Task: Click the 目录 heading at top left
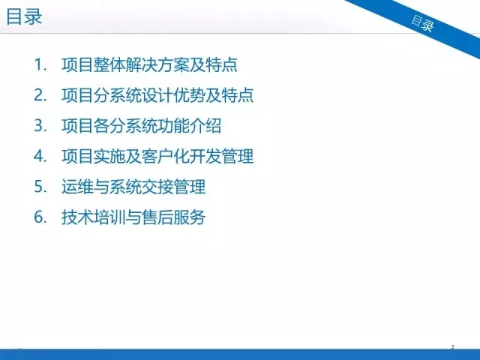[24, 16]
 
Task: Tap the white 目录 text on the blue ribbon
[422, 23]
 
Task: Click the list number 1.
[40, 64]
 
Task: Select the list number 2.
[40, 95]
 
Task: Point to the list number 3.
[40, 126]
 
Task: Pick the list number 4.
[40, 156]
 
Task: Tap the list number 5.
[40, 187]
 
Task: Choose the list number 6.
[40, 217]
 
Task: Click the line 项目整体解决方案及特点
[149, 64]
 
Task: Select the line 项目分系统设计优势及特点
[157, 95]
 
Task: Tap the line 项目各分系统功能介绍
[142, 126]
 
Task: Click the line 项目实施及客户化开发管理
[157, 156]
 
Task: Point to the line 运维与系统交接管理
[133, 187]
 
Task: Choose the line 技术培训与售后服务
[133, 217]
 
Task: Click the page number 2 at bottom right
[452, 347]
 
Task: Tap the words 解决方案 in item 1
[157, 64]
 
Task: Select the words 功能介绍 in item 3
[190, 126]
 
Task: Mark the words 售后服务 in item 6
[173, 217]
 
